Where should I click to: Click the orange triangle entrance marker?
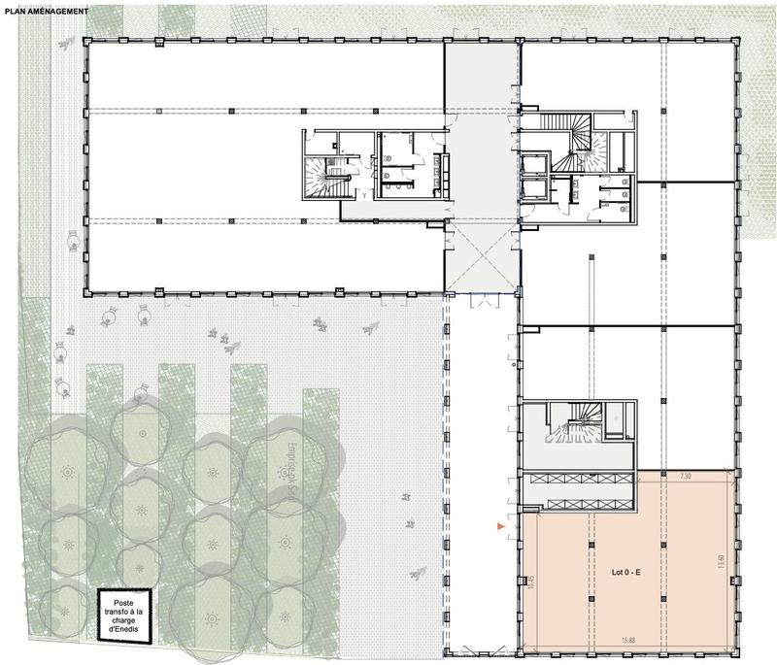pyautogui.click(x=500, y=526)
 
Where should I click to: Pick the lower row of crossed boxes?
pyautogui.click(x=580, y=501)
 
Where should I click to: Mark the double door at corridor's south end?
pyautogui.click(x=483, y=303)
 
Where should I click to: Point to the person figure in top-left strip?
pyautogui.click(x=65, y=45)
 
